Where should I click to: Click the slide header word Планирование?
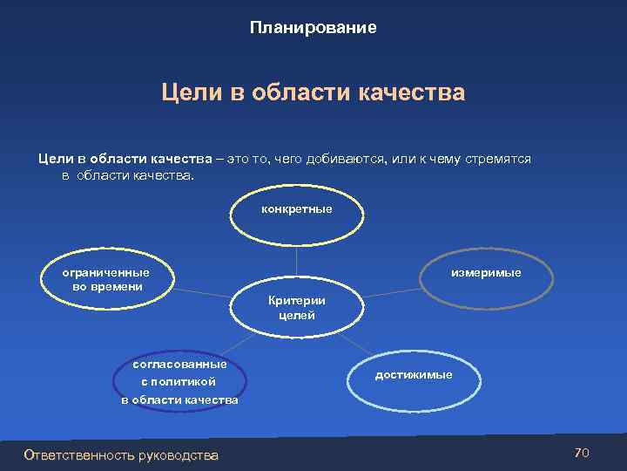313,28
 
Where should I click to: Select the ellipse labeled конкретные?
296,219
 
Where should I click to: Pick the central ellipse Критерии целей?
296,308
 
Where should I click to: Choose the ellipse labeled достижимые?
413,378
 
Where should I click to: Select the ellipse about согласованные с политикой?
179,381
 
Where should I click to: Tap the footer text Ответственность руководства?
122,454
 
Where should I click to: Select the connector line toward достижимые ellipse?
353,344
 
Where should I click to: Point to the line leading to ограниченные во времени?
206,289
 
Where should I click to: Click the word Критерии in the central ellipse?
296,300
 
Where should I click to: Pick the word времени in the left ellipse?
118,286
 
